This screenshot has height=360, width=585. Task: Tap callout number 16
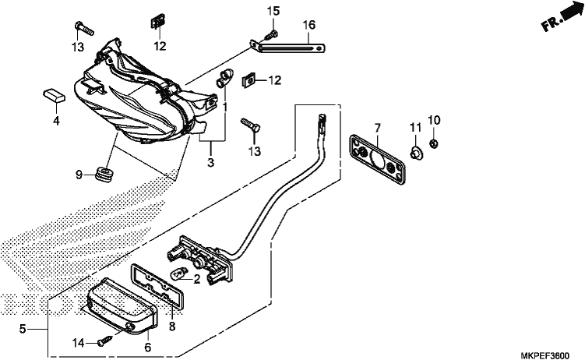point(309,25)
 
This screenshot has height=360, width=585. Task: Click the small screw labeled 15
point(271,36)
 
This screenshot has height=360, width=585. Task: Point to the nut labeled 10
point(434,143)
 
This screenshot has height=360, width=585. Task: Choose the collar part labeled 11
point(416,152)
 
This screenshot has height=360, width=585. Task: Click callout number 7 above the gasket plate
point(377,128)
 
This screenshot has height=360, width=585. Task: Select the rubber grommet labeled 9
point(104,175)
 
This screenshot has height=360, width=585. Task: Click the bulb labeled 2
point(178,276)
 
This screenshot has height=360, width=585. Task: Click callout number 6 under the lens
point(148,348)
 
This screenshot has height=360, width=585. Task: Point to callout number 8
point(171,326)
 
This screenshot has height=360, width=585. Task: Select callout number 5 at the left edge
point(23,329)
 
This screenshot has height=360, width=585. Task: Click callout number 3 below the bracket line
point(211,163)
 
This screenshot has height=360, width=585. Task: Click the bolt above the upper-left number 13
point(84,28)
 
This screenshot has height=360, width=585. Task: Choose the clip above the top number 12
point(158,21)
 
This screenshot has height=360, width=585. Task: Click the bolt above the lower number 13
point(250,124)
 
